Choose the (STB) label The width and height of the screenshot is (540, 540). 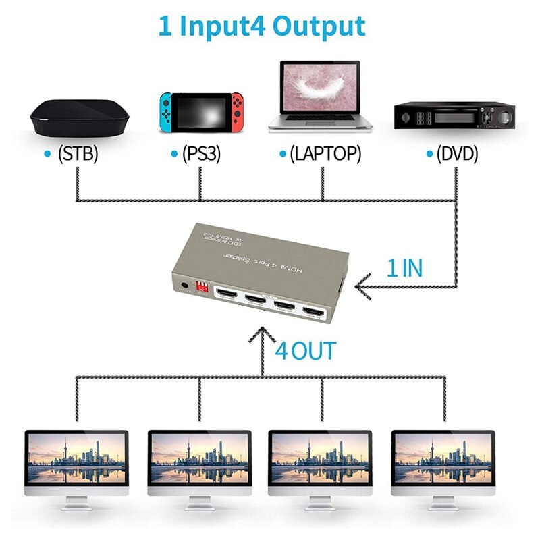pos(78,154)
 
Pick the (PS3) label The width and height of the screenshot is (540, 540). pos(200,154)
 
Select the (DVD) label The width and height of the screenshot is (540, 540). pos(457,154)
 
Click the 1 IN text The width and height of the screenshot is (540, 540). pos(404,268)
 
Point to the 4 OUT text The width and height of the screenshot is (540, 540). pos(305,351)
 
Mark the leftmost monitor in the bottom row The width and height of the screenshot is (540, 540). pos(76,458)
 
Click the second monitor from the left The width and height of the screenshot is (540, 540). pos(199,458)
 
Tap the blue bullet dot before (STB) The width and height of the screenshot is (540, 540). pos(47,154)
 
